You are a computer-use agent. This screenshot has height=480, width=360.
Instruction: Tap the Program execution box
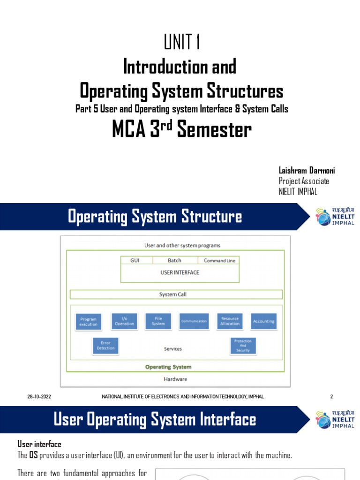89,322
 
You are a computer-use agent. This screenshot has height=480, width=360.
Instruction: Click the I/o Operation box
124,321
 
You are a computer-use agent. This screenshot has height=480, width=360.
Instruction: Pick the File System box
158,321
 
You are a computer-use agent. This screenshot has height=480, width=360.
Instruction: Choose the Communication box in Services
194,321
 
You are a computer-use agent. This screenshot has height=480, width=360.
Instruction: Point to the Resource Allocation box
230,321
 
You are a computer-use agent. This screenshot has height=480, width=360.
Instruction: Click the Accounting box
263,321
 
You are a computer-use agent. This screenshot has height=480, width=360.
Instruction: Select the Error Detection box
105,346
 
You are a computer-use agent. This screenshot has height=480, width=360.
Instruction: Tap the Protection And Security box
243,346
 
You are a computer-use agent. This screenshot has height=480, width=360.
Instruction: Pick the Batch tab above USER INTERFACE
174,261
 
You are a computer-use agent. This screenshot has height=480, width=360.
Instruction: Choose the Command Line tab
219,261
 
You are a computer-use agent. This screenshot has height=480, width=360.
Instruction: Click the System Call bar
176,294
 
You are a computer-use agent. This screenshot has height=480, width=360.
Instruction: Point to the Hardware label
175,379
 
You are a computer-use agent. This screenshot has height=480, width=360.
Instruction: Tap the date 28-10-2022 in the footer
39,397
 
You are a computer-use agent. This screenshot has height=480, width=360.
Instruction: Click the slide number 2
331,397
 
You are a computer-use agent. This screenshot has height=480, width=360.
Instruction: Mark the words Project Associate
304,181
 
